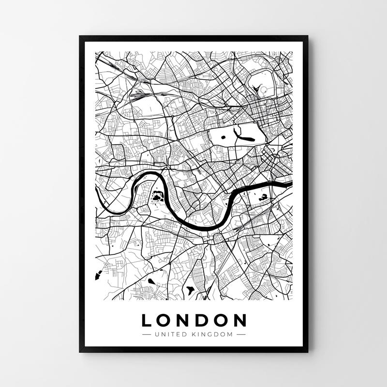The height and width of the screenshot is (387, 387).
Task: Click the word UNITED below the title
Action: (x=168, y=334)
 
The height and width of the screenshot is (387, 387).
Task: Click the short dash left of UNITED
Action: (x=147, y=334)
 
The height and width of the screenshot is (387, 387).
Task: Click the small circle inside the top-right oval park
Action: (x=264, y=89)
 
